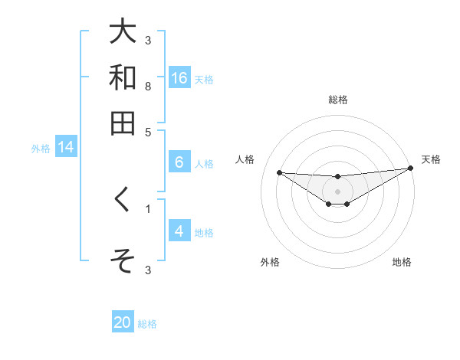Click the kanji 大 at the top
[x=123, y=32]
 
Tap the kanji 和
[x=123, y=77]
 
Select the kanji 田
[x=123, y=123]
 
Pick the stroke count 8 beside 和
[x=148, y=86]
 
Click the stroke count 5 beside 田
[x=148, y=131]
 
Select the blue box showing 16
[x=179, y=78]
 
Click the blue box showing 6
[x=179, y=162]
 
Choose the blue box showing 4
[x=179, y=231]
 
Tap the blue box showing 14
[x=66, y=148]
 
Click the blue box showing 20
[x=123, y=323]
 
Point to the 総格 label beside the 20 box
[x=147, y=324]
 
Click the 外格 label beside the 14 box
[x=40, y=149]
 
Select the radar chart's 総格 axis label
[x=337, y=100]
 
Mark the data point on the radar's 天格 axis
[x=410, y=169]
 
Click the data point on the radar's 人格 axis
[x=279, y=172]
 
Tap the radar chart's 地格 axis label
[x=402, y=262]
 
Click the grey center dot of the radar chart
[x=337, y=191]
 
